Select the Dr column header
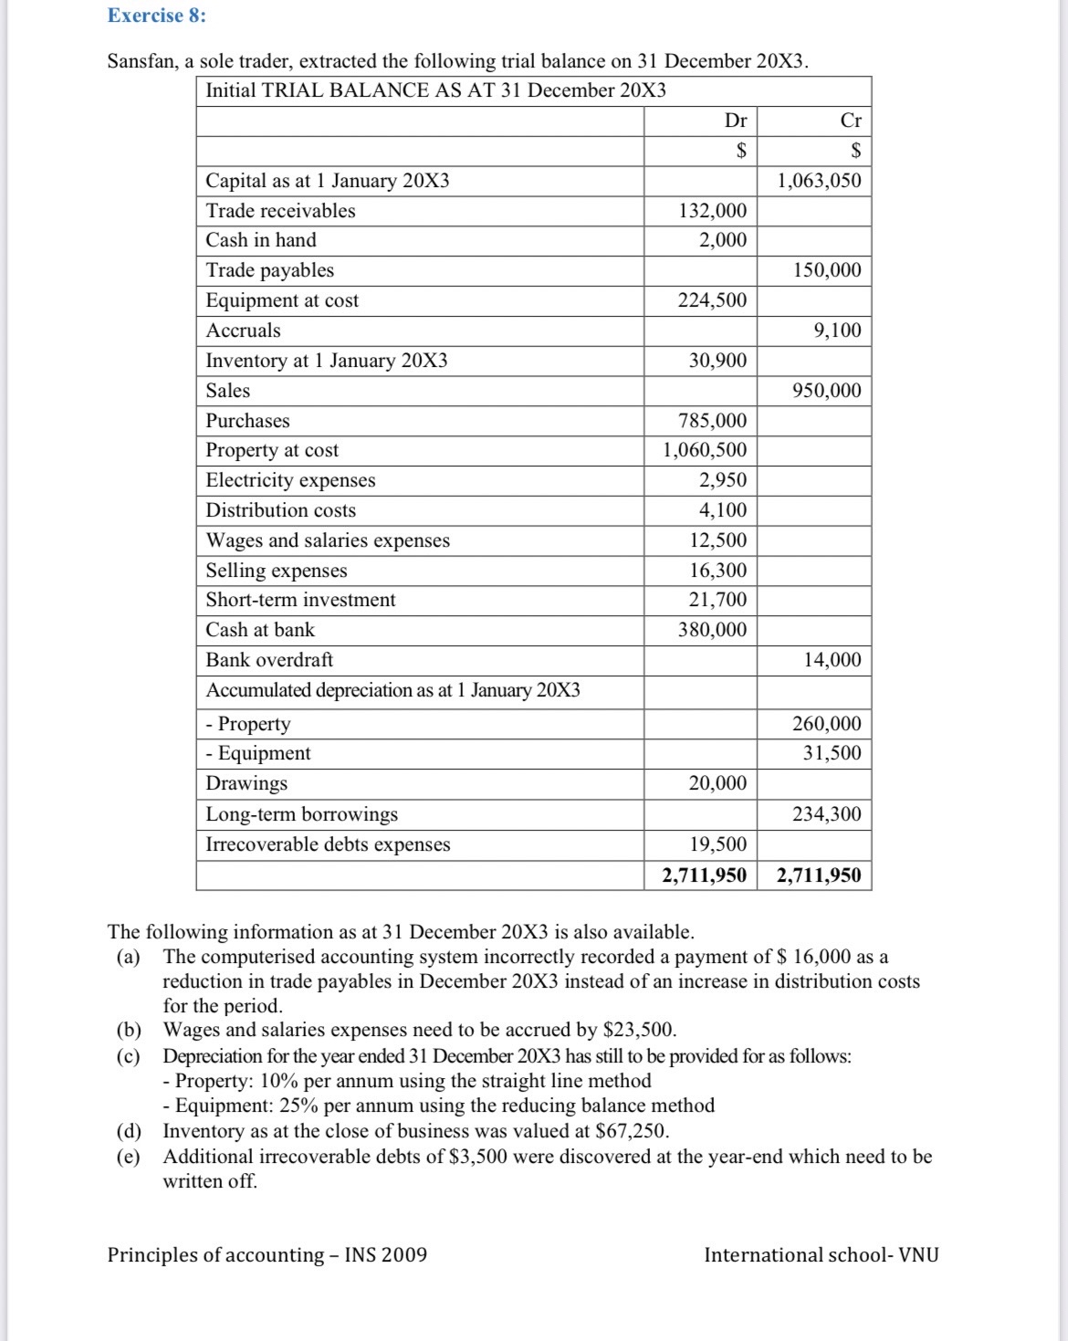pos(735,120)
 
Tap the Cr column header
pos(850,120)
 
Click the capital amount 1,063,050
pos(819,181)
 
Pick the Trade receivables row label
pos(280,211)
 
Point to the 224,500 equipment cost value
pos(712,300)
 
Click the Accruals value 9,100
pos(837,330)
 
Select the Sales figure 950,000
pos(826,391)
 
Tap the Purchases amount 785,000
pos(712,421)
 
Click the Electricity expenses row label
pos(290,480)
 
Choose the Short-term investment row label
pos(300,600)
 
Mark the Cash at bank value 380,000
pos(712,630)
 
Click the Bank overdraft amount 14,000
pos(832,660)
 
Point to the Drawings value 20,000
pos(717,783)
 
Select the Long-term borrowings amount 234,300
pos(826,814)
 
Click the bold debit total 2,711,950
pos(704,875)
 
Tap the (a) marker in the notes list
pos(129,957)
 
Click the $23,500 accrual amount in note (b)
pos(639,1031)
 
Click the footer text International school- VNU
pos(821,1255)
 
